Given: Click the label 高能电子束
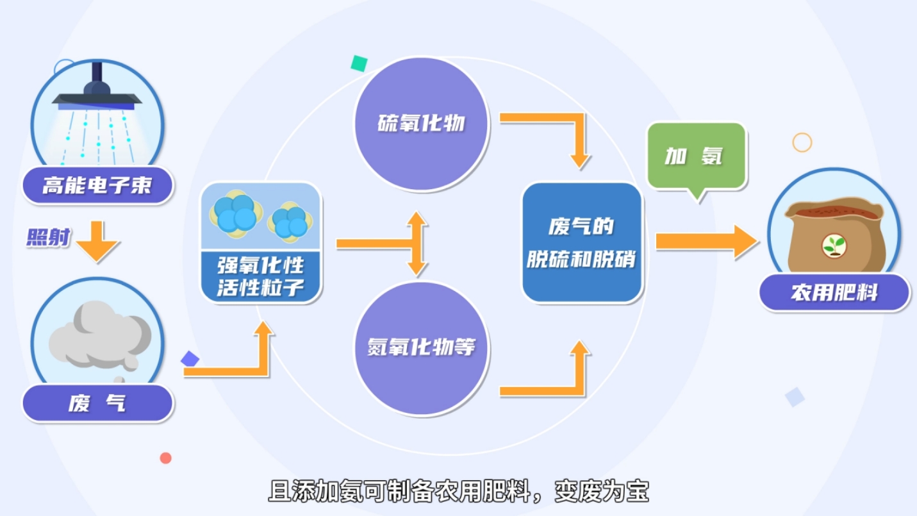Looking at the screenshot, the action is pos(97,185).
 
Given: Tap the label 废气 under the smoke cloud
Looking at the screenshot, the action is pos(97,403).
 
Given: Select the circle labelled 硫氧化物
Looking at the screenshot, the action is pos(422,124).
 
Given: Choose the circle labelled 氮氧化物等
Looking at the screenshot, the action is pos(422,349).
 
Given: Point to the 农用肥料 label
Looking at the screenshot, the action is pos(834,293).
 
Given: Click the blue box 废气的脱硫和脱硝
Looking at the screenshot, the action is pos(582,242).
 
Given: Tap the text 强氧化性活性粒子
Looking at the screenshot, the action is pos(260,276).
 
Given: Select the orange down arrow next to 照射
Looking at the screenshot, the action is pos(97,241).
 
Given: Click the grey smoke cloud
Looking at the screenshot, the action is pos(100,335).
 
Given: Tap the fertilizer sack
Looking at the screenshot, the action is pos(835,235).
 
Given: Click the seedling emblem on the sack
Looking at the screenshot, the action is pos(834,246).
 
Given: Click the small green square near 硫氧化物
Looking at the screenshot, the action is pos(359,63).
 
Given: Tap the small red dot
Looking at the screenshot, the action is pos(166,458).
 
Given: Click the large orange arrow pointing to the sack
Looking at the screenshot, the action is pos(707,242).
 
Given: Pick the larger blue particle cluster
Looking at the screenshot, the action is pos(236,214).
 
